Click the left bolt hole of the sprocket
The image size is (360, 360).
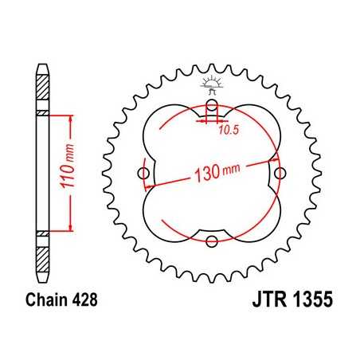143,173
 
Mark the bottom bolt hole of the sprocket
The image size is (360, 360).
211,241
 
